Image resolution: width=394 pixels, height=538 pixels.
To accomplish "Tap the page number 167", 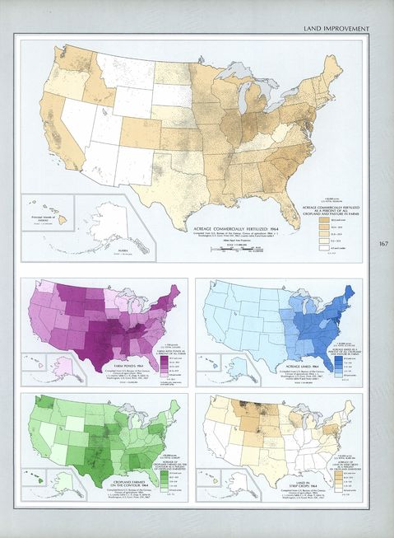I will pos(383,242).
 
